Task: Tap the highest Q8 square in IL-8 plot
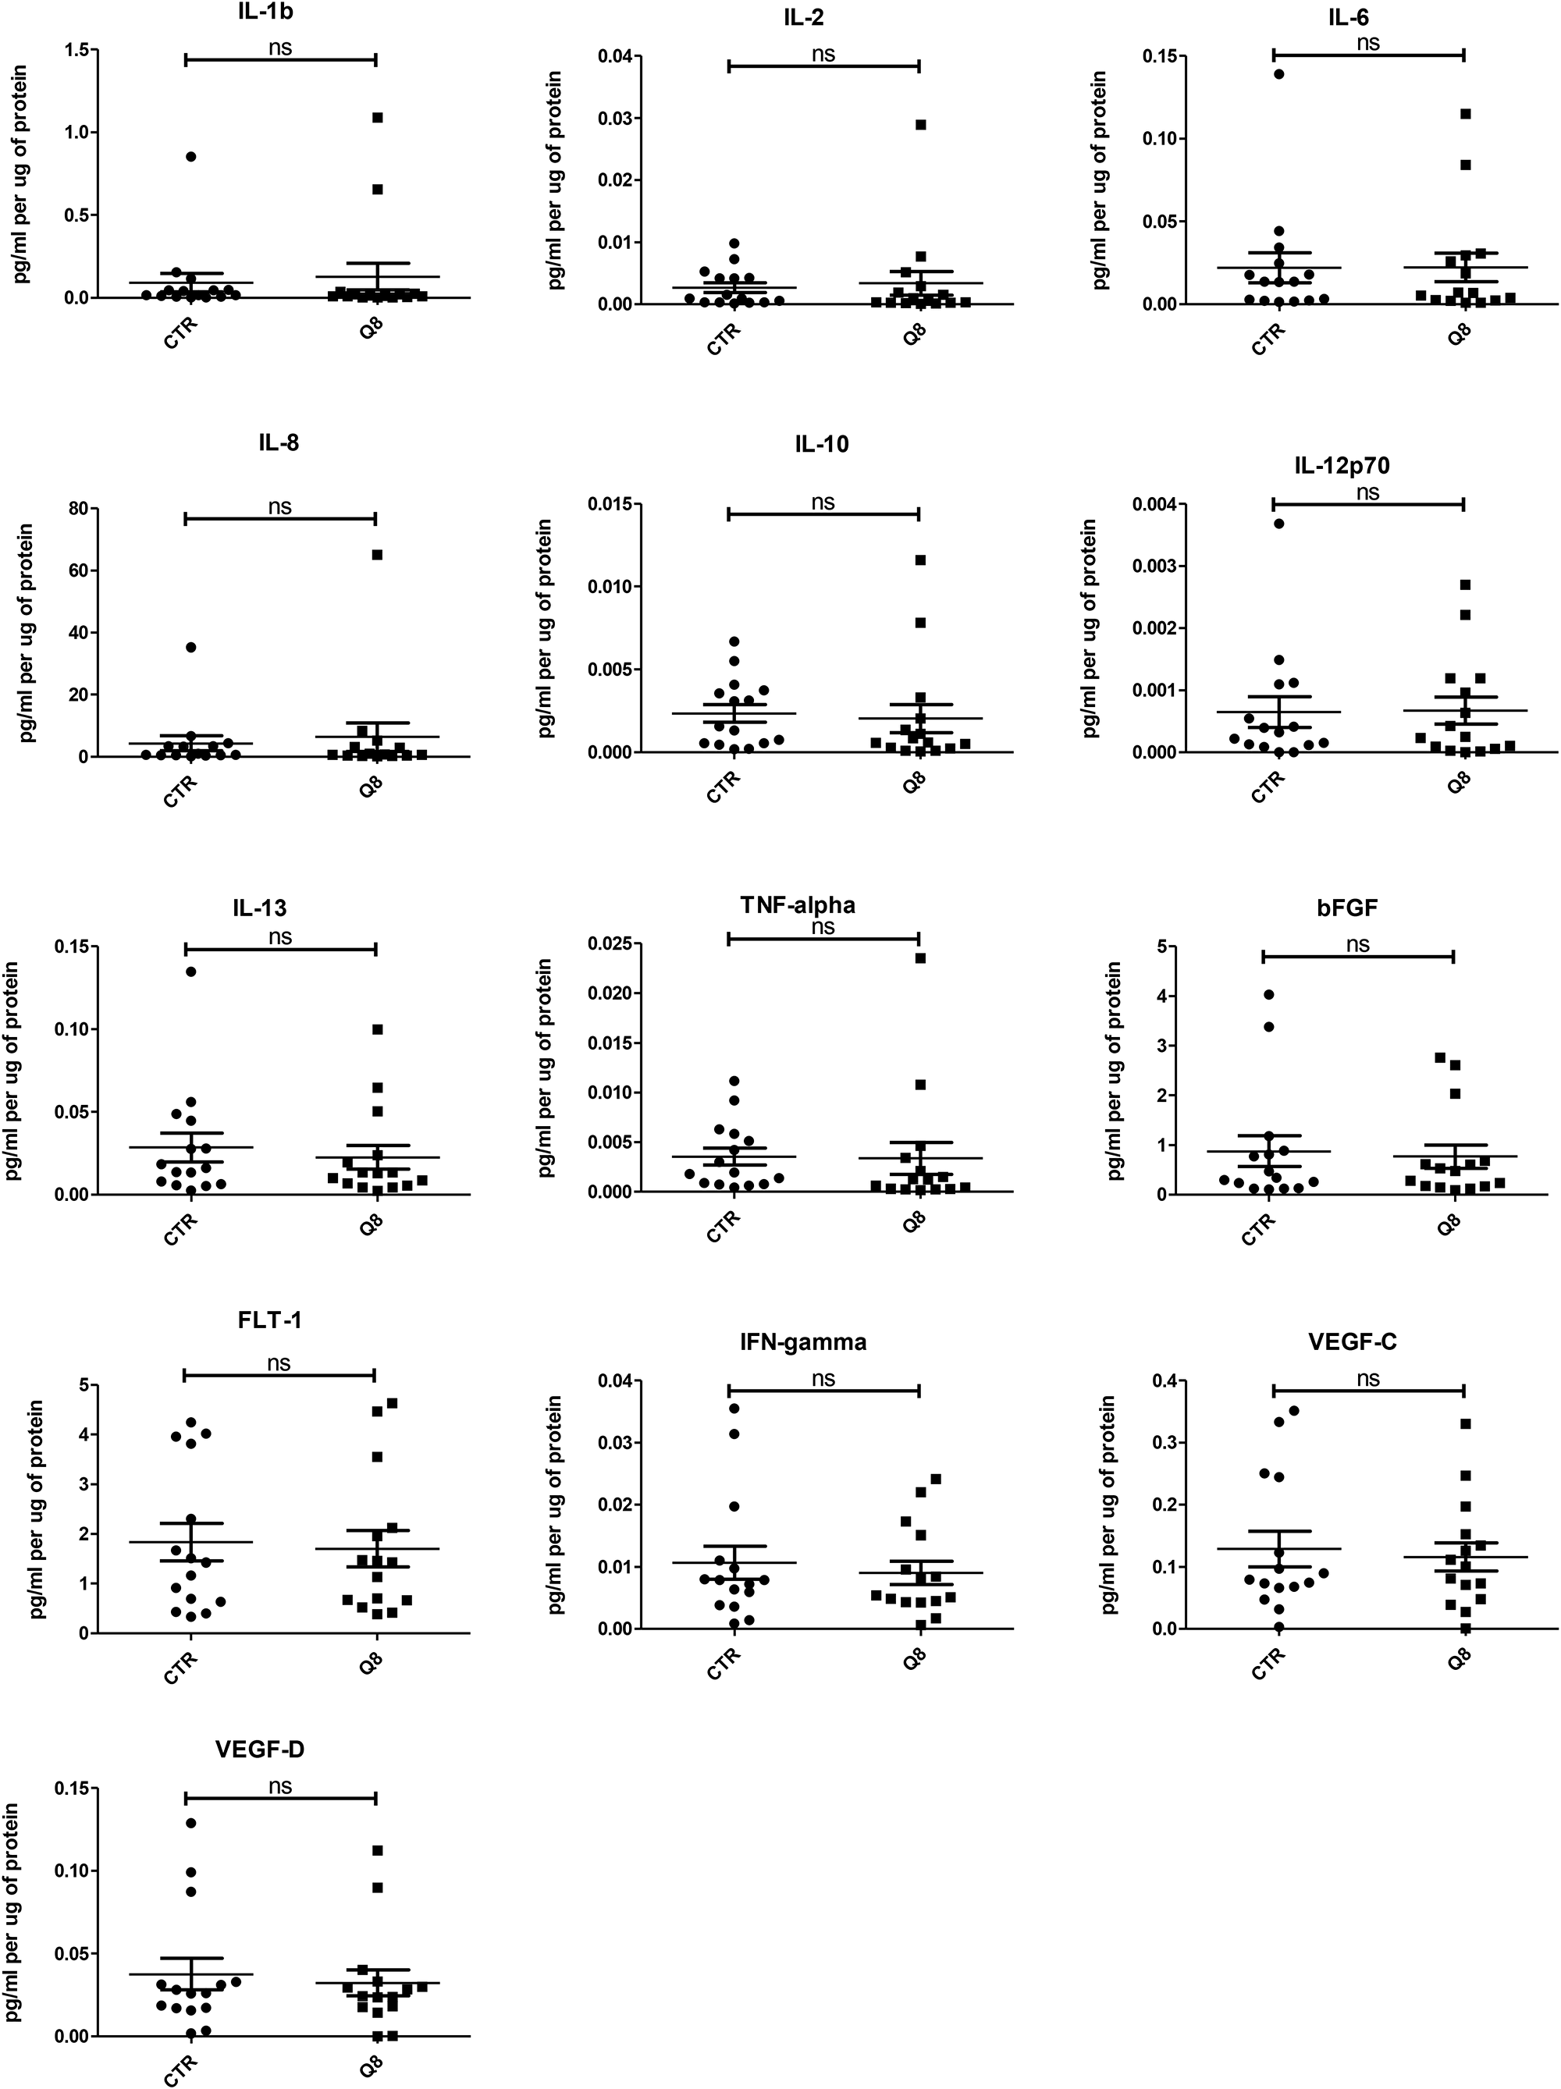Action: (377, 554)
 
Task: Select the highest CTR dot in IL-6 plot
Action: (1278, 73)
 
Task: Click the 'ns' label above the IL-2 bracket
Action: (823, 54)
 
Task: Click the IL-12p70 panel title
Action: (1342, 466)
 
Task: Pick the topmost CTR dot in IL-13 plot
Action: (190, 971)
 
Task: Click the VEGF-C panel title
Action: (1353, 1342)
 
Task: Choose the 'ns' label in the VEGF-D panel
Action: (279, 1787)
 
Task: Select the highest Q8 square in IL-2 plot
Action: (921, 125)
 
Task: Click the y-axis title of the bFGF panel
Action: (1115, 1070)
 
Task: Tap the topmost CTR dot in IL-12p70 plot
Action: (1278, 523)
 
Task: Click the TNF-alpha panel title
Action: (798, 904)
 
